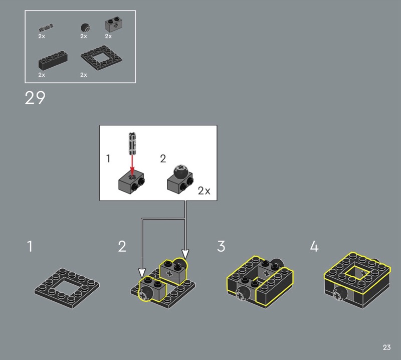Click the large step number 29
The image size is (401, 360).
pos(35,97)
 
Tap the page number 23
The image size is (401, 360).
pos(386,347)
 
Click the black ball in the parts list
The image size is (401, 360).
pos(85,28)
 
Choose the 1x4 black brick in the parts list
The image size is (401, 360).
pos(53,60)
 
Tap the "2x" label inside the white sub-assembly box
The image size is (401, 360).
pos(204,191)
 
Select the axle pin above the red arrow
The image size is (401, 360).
pos(132,143)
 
